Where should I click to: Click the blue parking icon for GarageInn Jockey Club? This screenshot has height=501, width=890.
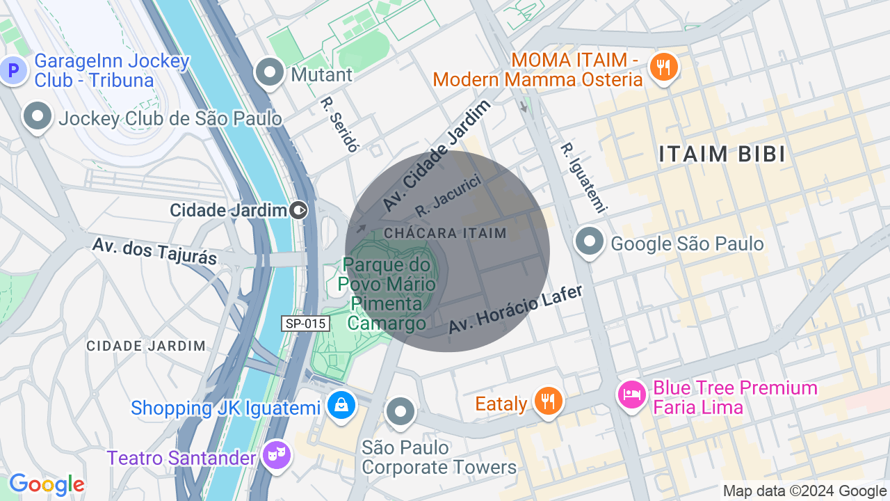coord(13,70)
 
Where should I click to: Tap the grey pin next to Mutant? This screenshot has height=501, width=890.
coord(269,72)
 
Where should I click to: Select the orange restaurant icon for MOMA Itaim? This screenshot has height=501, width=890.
coord(664,67)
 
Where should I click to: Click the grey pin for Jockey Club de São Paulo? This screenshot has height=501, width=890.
coord(38,117)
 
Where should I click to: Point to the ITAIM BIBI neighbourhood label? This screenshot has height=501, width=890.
coord(722,154)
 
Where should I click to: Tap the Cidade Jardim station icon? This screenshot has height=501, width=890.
coord(299,209)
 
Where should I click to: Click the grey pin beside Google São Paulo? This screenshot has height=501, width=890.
coord(590,242)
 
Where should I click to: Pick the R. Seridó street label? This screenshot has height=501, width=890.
coord(339,124)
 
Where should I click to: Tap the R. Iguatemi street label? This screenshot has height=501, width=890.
coord(584,177)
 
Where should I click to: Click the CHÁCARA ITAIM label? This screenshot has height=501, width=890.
coord(445,233)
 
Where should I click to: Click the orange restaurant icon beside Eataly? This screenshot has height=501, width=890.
coord(549,401)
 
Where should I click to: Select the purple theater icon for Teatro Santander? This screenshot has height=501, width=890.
coord(276,456)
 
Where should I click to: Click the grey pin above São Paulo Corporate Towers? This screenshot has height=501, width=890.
coord(400,412)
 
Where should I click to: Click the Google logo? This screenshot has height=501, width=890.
coord(47,485)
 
